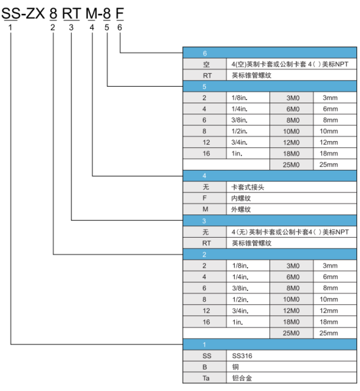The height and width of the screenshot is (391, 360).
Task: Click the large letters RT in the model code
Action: coord(71,13)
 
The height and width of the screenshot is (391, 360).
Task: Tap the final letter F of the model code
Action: coord(120,13)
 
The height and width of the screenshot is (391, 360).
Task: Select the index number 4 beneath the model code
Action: coord(92,27)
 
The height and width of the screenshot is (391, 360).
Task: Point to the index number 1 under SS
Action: coord(10,27)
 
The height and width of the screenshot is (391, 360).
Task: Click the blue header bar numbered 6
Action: coord(270,53)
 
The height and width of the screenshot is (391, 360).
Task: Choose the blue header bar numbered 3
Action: coord(270,221)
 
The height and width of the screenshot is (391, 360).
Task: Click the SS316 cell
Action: coord(292,356)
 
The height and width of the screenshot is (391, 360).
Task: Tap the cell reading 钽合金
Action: coord(292,378)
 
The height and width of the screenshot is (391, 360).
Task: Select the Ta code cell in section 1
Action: coord(205,378)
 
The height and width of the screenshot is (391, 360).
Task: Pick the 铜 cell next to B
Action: coord(292,367)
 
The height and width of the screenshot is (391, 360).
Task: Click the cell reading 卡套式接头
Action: coord(292,187)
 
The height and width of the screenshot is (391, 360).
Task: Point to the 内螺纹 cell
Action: coord(292,198)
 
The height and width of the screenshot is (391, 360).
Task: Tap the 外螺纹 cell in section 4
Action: coord(292,209)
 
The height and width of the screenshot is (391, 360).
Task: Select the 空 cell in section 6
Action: coord(205,64)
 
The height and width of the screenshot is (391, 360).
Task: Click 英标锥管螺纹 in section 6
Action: coord(292,75)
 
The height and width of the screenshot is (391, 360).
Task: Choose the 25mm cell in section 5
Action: coord(335,164)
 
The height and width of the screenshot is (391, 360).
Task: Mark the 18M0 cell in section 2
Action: coord(292,322)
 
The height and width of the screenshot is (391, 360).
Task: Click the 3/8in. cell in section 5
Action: coord(248,120)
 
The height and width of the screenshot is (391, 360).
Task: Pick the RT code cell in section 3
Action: coord(205,243)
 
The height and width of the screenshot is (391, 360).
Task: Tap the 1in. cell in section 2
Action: coord(248,322)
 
